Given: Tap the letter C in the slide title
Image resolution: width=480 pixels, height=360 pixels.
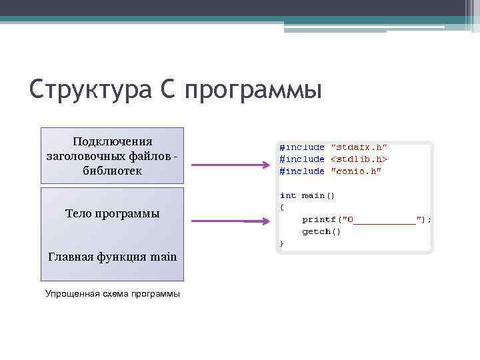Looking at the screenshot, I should [x=168, y=89].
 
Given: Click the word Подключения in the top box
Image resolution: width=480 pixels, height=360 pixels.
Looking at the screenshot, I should [x=112, y=141].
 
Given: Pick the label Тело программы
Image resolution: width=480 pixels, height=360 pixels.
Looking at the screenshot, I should [x=112, y=214].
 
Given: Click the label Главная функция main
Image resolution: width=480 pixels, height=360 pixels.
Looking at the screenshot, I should [x=112, y=256].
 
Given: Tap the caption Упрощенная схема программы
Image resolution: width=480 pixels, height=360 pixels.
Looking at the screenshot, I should [x=112, y=293].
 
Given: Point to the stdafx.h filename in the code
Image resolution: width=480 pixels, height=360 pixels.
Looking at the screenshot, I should [x=359, y=147].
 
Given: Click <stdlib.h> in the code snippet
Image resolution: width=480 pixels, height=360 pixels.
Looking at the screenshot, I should [x=359, y=159].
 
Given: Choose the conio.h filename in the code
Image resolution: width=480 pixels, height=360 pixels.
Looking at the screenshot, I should [x=356, y=171].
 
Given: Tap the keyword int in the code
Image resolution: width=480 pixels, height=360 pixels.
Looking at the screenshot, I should [x=288, y=195].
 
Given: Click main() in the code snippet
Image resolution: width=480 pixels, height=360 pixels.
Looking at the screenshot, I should [x=319, y=195].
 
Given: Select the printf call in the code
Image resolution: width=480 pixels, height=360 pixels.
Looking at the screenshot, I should [x=367, y=219].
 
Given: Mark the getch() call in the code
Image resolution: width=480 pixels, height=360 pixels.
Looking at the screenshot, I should [x=321, y=231].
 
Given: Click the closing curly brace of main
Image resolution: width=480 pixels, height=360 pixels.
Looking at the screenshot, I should [x=281, y=243].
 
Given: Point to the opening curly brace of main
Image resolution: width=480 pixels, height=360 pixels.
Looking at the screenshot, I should [x=281, y=207].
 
